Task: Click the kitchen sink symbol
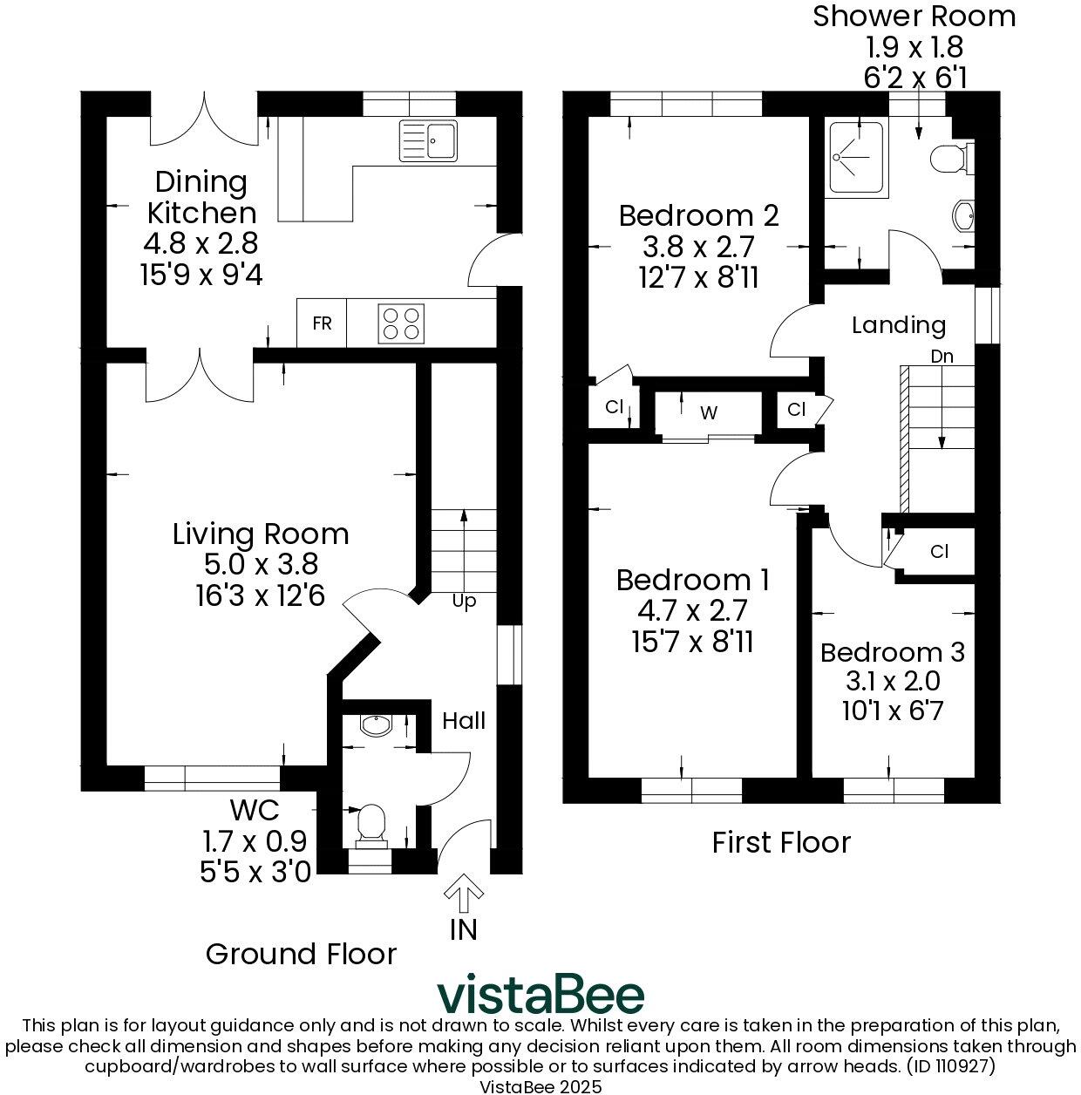click(428, 140)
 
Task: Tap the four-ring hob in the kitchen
click(401, 323)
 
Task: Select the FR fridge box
click(322, 323)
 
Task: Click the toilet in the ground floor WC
click(372, 823)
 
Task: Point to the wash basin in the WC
click(377, 725)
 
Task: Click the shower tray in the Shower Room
click(854, 158)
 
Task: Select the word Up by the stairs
click(464, 602)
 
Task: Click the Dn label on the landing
click(942, 357)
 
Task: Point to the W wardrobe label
click(709, 412)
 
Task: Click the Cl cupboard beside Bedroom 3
click(939, 552)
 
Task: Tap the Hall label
click(464, 720)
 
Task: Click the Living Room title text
click(261, 534)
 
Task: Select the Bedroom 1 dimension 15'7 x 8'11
click(692, 642)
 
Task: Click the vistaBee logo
click(540, 995)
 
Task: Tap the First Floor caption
click(781, 842)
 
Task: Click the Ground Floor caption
click(301, 954)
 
